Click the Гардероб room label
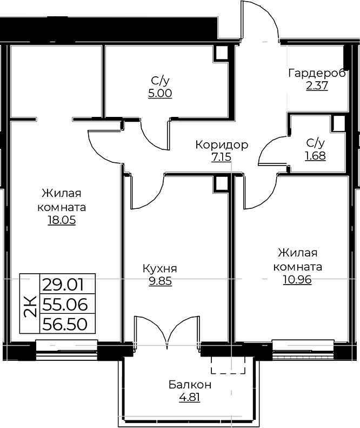point(317,74)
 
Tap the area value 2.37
point(317,86)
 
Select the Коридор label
point(222,144)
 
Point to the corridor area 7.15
point(221,157)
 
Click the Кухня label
point(160,268)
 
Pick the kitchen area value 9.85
point(161,281)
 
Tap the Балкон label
point(190,385)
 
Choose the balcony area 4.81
point(190,397)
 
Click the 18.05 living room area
point(62,220)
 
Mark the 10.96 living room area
point(297,280)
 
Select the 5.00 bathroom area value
point(160,94)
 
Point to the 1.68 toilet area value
point(315,156)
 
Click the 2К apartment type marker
point(30,306)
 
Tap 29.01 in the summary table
point(64,285)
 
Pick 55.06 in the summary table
point(65,305)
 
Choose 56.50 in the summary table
point(65,324)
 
